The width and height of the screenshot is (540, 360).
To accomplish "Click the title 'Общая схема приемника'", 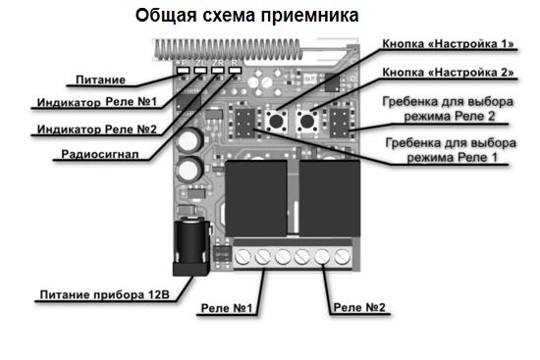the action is [x=246, y=16].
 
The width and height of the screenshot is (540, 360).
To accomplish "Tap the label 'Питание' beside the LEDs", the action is [x=100, y=79].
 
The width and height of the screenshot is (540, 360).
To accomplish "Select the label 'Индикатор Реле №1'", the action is [x=97, y=102].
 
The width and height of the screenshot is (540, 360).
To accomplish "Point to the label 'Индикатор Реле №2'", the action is [x=97, y=129].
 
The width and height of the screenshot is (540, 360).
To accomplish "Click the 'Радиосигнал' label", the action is [x=100, y=154].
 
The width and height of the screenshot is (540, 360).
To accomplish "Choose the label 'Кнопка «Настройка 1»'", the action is [x=448, y=44].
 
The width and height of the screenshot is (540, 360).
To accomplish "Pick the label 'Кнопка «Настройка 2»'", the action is [x=448, y=73].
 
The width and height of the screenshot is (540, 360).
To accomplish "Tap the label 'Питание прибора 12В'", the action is [x=105, y=295].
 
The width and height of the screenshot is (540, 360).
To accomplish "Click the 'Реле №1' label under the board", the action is [x=227, y=308].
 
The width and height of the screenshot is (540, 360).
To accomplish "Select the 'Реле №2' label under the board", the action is [x=359, y=307].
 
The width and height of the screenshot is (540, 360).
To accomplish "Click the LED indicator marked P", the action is [x=184, y=71].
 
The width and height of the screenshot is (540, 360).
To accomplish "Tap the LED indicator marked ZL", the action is [x=200, y=71].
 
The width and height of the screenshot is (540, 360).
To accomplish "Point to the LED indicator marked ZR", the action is [x=218, y=71].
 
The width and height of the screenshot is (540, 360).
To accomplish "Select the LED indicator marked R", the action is [x=236, y=71].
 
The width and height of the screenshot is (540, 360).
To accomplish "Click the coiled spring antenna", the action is [x=228, y=49].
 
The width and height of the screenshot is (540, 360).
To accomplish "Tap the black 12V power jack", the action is [x=190, y=246].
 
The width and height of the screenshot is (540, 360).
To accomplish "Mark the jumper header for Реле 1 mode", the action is [x=244, y=123].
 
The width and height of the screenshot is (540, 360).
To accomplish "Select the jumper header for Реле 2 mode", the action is [x=340, y=123].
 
